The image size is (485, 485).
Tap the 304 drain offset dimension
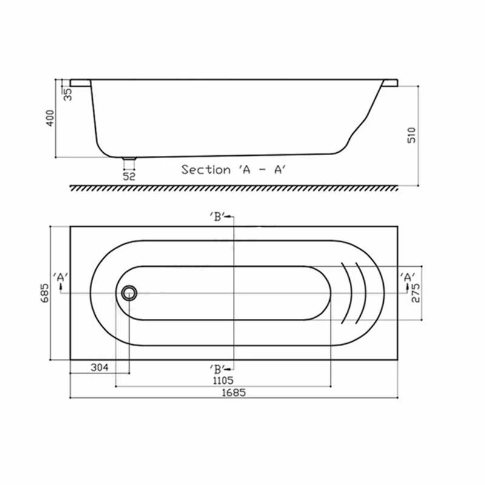pyautogui.click(x=99, y=367)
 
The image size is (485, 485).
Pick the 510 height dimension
pyautogui.click(x=412, y=135)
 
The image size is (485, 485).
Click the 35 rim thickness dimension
pyautogui.click(x=67, y=94)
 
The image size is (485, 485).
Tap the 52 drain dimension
pyautogui.click(x=129, y=176)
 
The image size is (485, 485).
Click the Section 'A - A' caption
pyautogui.click(x=233, y=170)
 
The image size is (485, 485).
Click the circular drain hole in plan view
pyautogui.click(x=129, y=293)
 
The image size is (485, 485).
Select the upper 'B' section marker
pyautogui.click(x=219, y=217)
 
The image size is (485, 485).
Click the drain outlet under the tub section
pyautogui.click(x=129, y=161)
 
